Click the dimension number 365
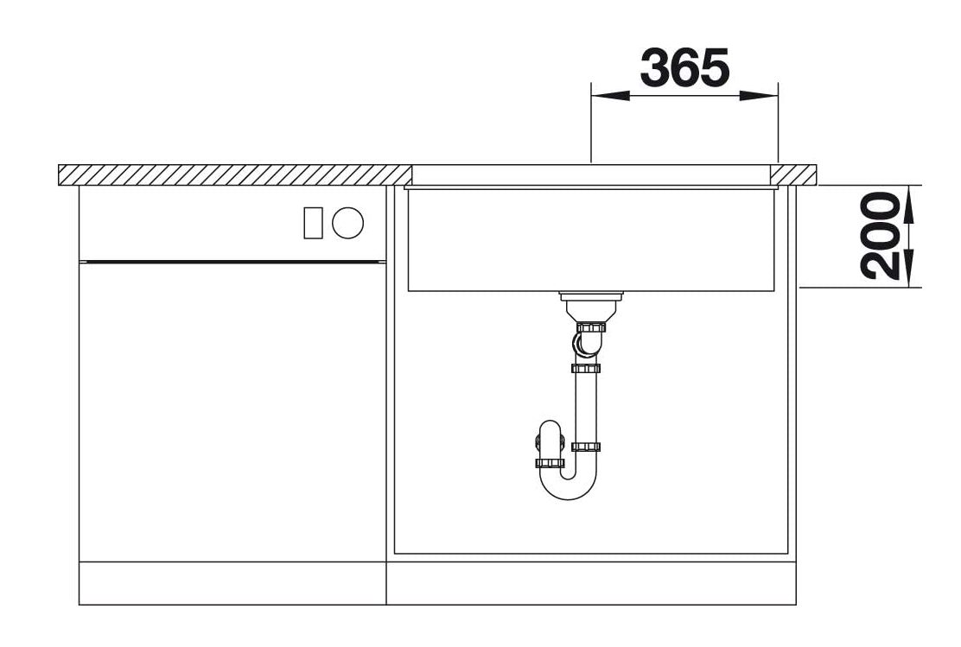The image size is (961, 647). coord(684,67)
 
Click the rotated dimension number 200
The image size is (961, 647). coord(880,236)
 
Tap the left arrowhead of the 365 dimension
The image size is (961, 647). coord(610,96)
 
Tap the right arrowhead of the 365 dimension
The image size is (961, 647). coord(759,96)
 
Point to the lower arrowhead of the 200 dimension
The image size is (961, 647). coord(909,268)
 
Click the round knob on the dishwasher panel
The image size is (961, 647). coord(347,222)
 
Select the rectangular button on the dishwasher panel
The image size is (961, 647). coord(313,222)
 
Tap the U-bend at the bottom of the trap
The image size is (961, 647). coord(568,489)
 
